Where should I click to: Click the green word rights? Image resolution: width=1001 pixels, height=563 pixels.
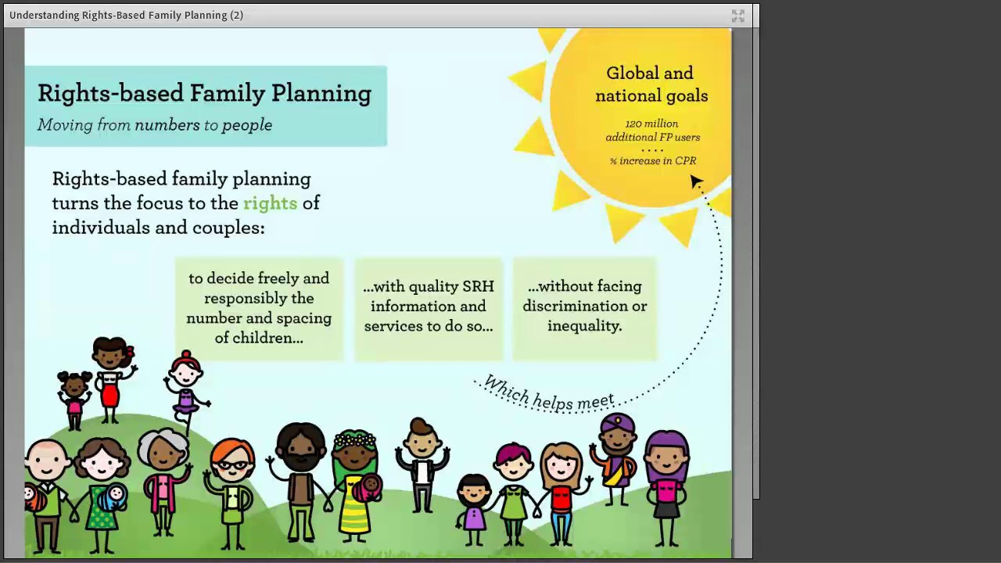coord(270,203)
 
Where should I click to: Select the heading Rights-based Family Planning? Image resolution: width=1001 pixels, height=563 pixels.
coord(204,94)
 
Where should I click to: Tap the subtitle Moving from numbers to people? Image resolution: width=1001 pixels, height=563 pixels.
coord(155,125)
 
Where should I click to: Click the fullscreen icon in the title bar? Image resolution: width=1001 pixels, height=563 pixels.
coord(737,16)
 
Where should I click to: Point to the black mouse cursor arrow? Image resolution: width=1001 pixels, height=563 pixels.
coord(696,181)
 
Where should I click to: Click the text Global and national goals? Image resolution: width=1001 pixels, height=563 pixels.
coord(651,84)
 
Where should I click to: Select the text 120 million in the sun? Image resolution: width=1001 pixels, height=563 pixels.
coord(651,124)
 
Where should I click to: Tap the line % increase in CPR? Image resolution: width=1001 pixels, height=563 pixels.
coord(653,161)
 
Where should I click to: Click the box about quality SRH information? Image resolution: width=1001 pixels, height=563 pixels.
coord(429,307)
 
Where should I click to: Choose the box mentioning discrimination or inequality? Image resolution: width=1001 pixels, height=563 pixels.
coord(585,307)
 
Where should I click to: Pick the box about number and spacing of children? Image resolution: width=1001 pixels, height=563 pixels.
coord(259,308)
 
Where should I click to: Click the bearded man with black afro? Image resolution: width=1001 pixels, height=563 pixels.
coord(300,477)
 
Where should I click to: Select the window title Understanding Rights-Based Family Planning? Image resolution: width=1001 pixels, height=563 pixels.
coord(126,15)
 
